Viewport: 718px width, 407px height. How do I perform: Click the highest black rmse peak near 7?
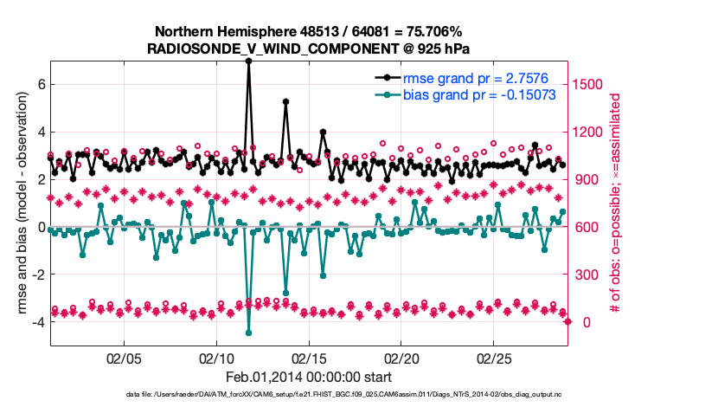coord(248,61)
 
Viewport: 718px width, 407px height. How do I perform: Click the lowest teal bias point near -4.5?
coord(248,333)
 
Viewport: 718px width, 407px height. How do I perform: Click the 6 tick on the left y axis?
coord(40,85)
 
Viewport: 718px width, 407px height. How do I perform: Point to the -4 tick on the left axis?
coord(37,322)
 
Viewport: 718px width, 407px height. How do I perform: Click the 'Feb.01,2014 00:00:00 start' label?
coord(309,377)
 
